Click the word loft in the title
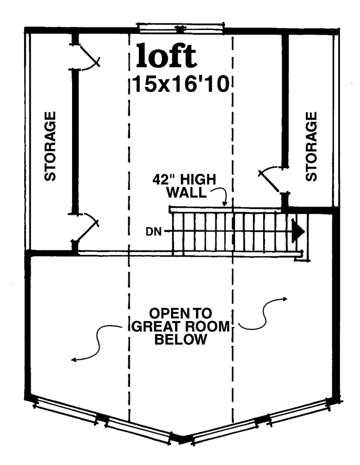[x=166, y=55]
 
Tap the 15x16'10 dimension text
[x=181, y=84]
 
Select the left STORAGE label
[x=50, y=146]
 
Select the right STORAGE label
[x=311, y=146]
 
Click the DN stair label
[x=154, y=231]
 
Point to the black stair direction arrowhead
[x=298, y=231]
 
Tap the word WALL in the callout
[x=186, y=192]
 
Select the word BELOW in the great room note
[x=180, y=339]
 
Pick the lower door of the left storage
[x=86, y=228]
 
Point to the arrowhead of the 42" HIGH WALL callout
[x=225, y=204]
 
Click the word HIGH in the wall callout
[x=198, y=180]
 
